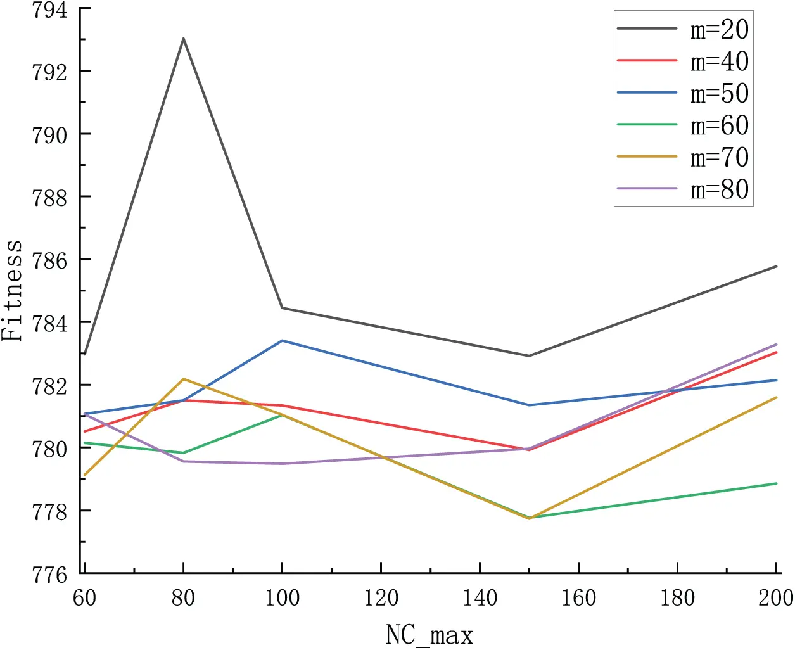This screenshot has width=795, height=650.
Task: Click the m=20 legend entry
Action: [682, 29]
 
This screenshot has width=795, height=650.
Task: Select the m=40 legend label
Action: [719, 61]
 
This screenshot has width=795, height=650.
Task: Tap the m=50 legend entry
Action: [682, 92]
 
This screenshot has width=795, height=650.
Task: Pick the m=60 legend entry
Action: [682, 125]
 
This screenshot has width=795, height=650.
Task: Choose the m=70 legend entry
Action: [682, 156]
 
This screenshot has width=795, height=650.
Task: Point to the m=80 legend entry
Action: [682, 189]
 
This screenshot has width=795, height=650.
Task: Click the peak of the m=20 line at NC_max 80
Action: [183, 39]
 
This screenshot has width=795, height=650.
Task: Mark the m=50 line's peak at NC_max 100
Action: [283, 340]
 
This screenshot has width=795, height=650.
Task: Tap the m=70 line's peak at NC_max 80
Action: [183, 379]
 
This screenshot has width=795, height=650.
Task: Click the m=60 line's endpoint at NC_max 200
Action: [777, 483]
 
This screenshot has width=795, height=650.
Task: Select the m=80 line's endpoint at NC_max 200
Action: [777, 344]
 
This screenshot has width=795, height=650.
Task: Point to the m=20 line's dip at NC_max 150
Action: [529, 356]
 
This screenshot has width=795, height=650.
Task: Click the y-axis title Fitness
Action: [11, 290]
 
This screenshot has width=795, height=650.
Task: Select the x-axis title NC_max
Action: [429, 635]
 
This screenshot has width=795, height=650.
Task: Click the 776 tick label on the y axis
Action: [50, 575]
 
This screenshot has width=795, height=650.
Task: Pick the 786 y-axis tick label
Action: [50, 261]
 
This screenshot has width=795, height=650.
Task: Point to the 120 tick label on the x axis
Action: [381, 598]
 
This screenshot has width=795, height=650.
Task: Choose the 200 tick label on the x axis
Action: [776, 598]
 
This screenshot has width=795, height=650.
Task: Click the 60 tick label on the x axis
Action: [84, 598]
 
